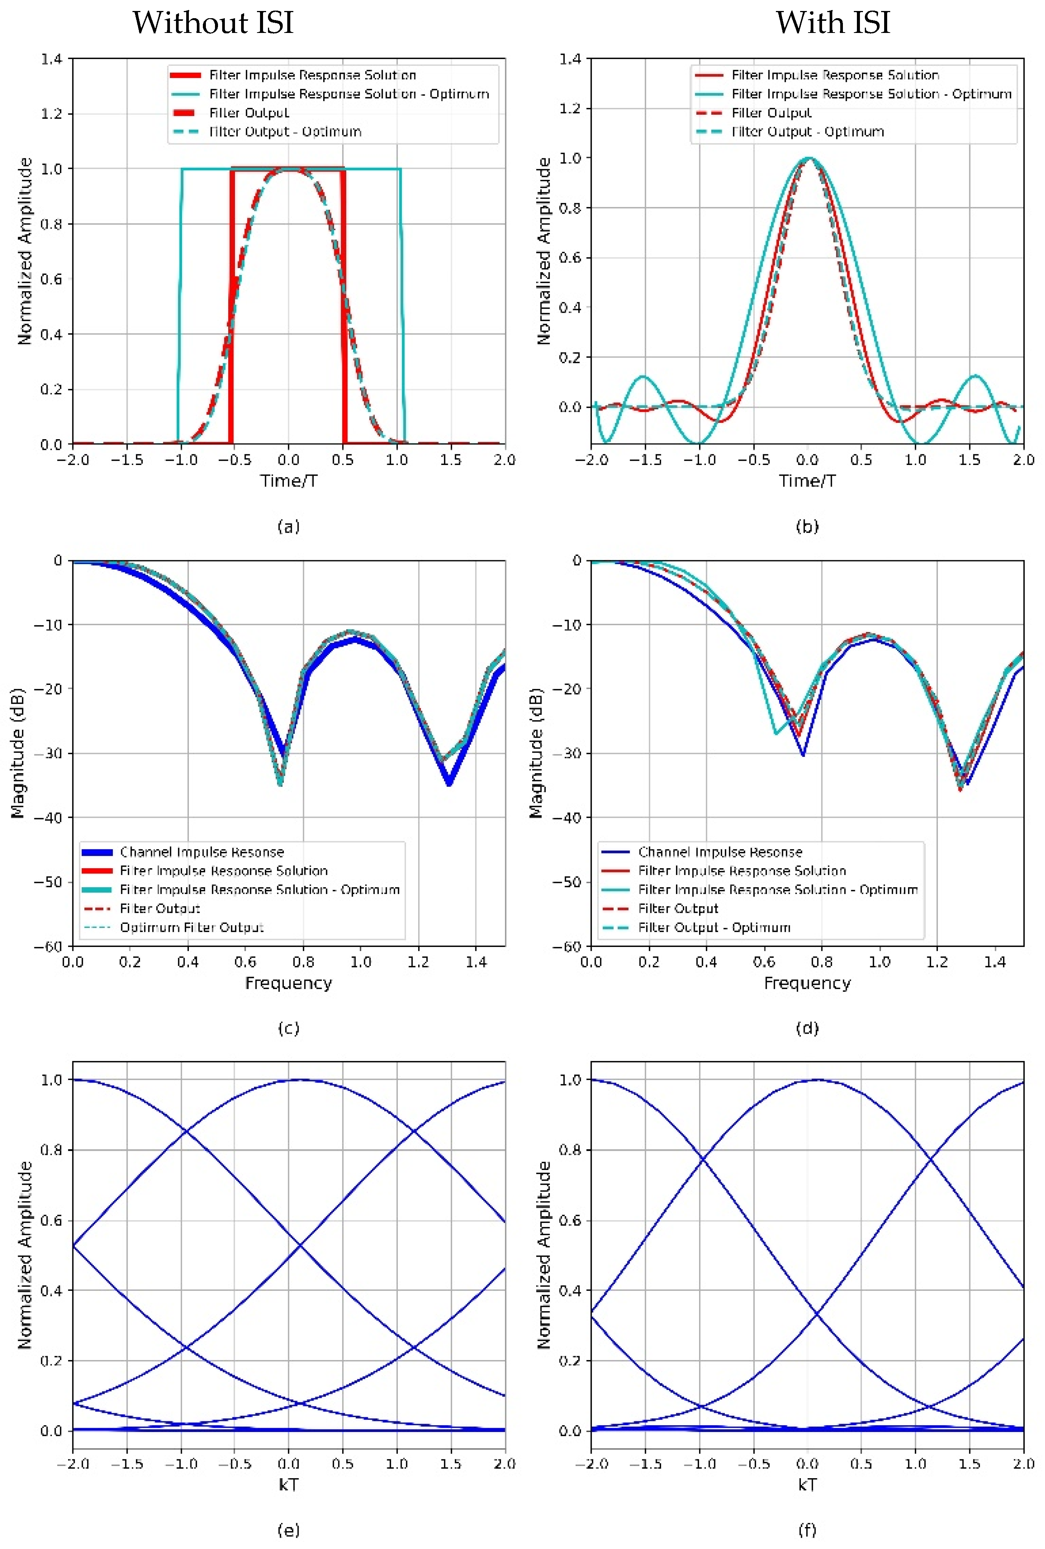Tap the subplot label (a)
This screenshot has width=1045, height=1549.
coord(288,527)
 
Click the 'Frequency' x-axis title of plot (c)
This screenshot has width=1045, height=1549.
coord(288,983)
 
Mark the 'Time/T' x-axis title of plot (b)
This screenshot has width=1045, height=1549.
coord(807,480)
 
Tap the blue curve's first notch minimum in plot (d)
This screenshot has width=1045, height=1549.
coord(803,755)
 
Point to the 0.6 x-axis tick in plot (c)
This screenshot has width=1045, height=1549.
coord(245,962)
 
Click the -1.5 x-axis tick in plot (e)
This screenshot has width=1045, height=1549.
coord(127,1464)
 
